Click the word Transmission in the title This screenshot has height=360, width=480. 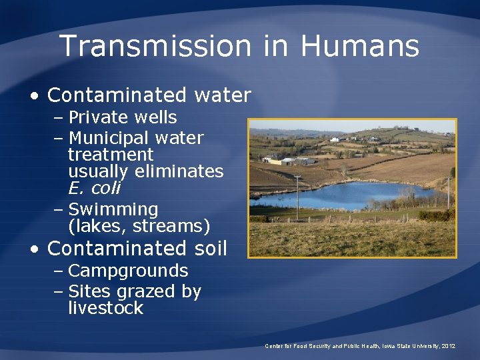(x=154, y=46)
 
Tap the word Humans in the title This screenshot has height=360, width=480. (x=359, y=46)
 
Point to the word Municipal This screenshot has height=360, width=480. (x=109, y=139)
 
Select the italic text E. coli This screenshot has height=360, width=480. (x=94, y=188)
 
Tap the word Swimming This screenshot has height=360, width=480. (x=113, y=210)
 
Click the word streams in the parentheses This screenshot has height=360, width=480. (x=172, y=227)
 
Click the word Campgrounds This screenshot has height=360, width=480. (x=128, y=271)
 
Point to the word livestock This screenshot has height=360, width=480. (x=105, y=308)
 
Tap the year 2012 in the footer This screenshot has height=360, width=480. (x=448, y=346)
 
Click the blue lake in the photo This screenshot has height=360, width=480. (x=347, y=195)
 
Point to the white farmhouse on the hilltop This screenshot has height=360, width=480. (x=335, y=139)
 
